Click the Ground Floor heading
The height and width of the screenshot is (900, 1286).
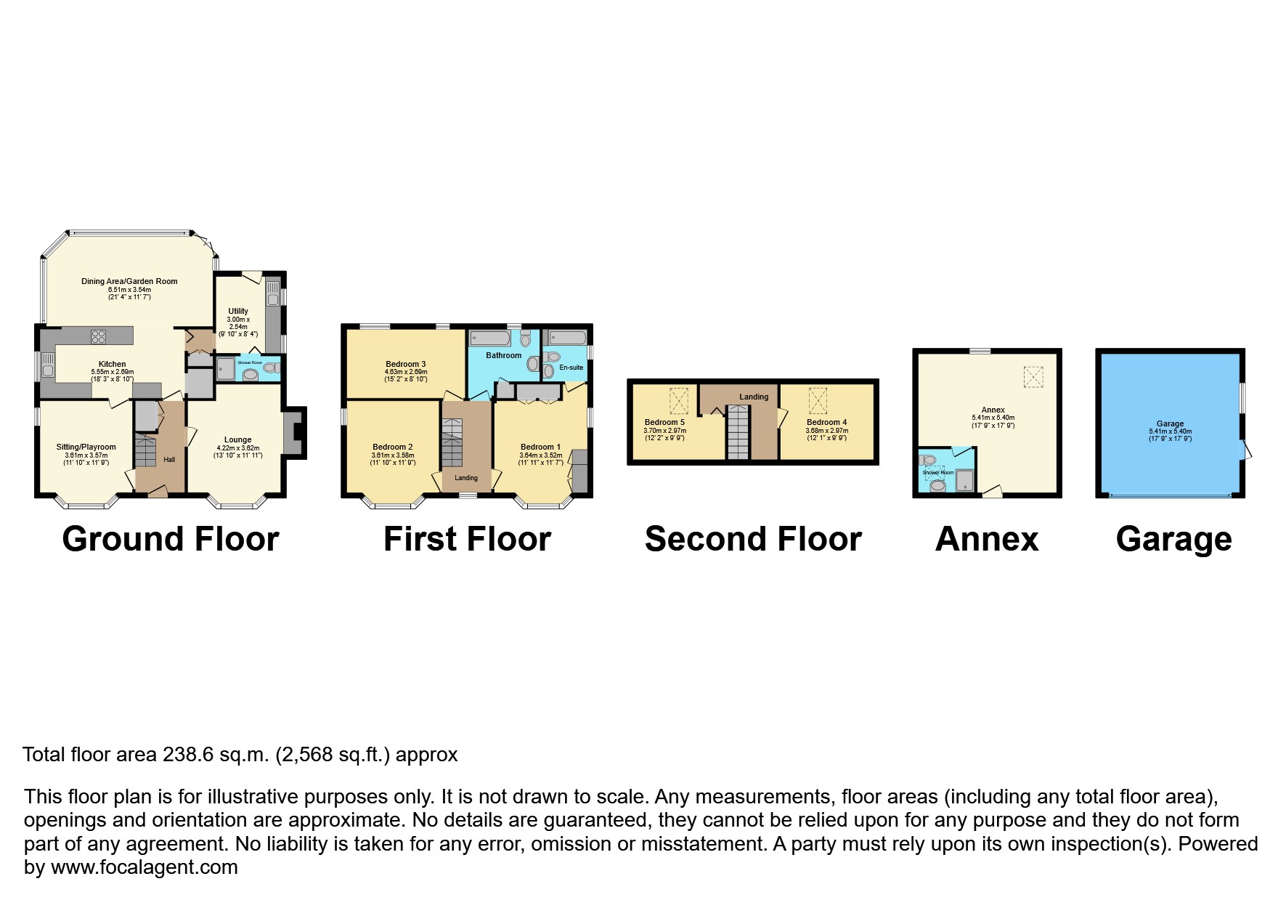pos(170,539)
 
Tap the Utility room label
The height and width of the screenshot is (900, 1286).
pos(238,311)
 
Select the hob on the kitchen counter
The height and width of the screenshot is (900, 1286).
pos(98,336)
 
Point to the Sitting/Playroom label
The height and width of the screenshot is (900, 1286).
pos(86,447)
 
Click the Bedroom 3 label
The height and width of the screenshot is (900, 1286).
pos(405,364)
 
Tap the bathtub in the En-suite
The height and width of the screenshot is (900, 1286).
pos(567,337)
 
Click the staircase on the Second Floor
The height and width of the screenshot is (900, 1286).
pos(738,432)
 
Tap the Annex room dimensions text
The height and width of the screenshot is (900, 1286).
pos(993,422)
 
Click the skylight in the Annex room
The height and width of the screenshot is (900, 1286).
pos(1033,376)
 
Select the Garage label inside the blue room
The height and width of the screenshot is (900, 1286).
pos(1170,423)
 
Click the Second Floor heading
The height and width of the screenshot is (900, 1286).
pos(753,539)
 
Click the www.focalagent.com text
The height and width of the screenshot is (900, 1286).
pos(144,867)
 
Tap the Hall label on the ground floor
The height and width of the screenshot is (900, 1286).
pos(169,459)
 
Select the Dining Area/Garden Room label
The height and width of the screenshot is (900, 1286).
pos(129,281)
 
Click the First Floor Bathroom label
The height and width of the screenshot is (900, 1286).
pos(503,355)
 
